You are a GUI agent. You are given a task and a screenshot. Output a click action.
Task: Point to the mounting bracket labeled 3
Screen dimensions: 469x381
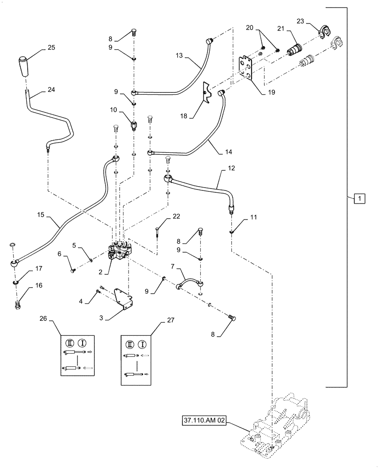(x=123, y=300)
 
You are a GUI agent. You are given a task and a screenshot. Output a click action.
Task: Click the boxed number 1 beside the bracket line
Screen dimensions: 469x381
(x=359, y=198)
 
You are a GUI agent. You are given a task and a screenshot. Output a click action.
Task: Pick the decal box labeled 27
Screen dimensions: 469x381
(x=137, y=359)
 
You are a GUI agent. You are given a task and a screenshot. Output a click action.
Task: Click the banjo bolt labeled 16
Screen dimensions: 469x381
(x=17, y=305)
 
